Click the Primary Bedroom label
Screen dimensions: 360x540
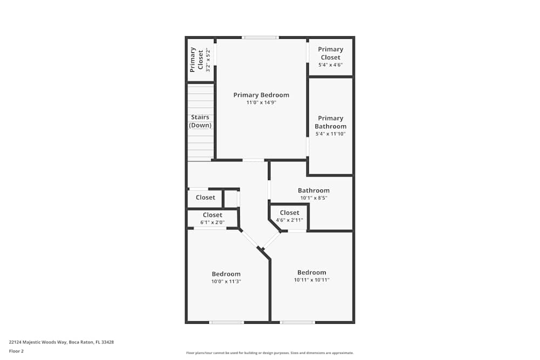(x=261, y=95)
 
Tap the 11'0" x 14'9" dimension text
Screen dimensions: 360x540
(x=261, y=103)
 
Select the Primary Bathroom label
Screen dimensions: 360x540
(x=330, y=122)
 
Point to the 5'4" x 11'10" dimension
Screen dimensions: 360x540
(x=330, y=134)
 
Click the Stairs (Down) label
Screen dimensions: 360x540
(x=200, y=121)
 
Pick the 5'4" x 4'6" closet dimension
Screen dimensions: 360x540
(x=330, y=65)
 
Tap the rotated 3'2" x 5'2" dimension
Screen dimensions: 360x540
(x=207, y=60)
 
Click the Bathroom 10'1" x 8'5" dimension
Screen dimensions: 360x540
(x=314, y=198)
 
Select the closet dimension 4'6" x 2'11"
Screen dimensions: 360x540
(x=289, y=220)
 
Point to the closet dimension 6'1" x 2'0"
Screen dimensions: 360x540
(x=212, y=222)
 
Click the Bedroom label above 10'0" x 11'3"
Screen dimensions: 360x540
(x=226, y=274)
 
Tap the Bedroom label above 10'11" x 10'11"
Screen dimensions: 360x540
(x=312, y=273)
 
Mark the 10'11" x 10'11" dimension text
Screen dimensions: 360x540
(x=312, y=280)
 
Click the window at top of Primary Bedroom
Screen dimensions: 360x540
(x=260, y=37)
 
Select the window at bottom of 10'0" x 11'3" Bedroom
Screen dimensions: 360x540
(x=226, y=322)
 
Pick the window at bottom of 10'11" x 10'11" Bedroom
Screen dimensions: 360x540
(x=297, y=322)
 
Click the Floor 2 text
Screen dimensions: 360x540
(x=16, y=351)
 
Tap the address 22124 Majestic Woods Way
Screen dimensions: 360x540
(x=60, y=342)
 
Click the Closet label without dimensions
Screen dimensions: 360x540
(x=205, y=198)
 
